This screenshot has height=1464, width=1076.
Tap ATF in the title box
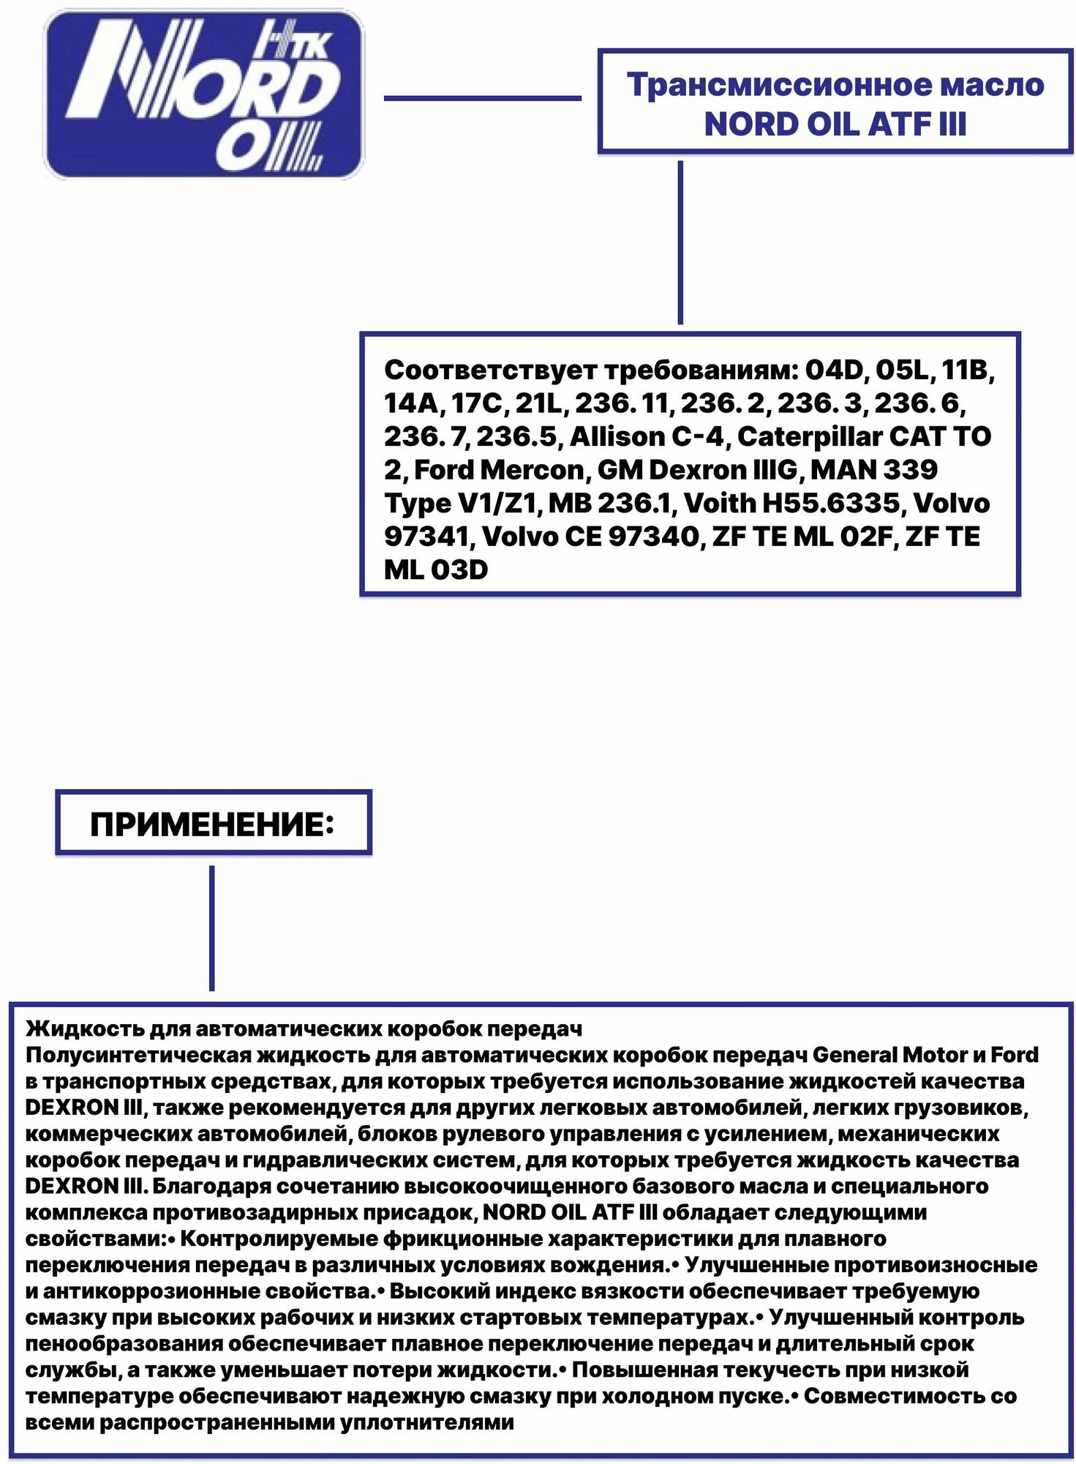[x=892, y=124]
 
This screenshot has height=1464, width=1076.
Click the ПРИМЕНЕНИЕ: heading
[x=212, y=825]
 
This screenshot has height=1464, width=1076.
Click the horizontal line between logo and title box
[x=482, y=98]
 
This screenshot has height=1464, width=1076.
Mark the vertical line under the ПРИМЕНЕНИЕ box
[x=212, y=927]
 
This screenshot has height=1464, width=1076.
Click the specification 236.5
[x=517, y=437]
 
